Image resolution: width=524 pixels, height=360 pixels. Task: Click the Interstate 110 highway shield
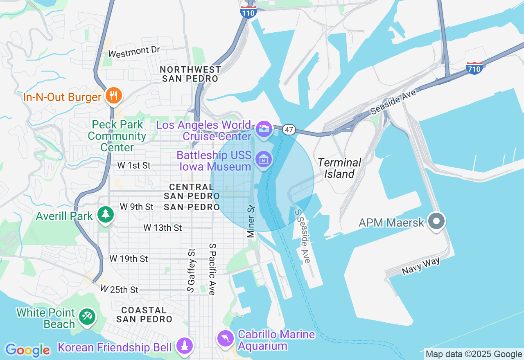(x=248, y=12)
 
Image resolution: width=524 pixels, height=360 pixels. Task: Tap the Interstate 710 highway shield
(x=474, y=68)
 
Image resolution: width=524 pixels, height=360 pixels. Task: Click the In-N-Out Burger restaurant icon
(x=112, y=96)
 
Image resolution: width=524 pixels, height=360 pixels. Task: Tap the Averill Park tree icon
(x=106, y=214)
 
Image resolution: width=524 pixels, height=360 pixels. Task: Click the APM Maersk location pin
(x=436, y=221)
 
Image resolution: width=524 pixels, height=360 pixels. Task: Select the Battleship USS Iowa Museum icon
(x=264, y=159)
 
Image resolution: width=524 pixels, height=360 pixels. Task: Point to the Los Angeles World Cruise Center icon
(x=264, y=129)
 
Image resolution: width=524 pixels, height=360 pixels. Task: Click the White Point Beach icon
(x=87, y=317)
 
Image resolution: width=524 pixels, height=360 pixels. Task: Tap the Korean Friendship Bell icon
(x=184, y=346)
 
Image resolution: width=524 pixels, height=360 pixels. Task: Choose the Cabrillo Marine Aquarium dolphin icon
(x=226, y=338)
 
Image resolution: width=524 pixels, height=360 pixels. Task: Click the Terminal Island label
(x=339, y=168)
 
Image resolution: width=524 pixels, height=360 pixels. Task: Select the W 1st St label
(x=134, y=166)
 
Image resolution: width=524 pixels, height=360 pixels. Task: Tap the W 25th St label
(x=120, y=290)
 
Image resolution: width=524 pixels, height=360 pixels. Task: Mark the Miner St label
(x=251, y=221)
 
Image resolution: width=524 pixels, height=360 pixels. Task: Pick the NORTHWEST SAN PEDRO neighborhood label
(x=191, y=74)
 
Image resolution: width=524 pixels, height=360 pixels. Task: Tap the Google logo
(x=27, y=350)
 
